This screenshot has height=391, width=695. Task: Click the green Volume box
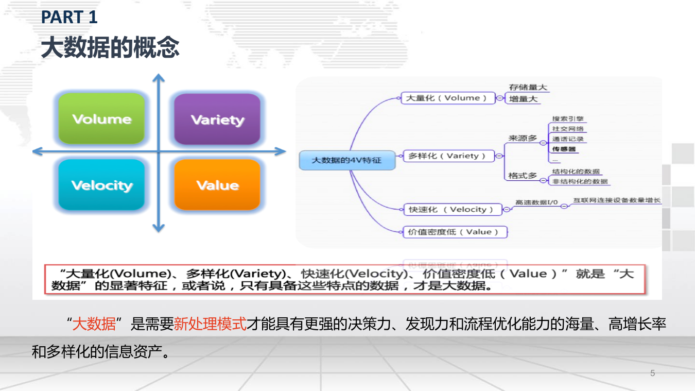101,118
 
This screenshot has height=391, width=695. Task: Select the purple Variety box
217,119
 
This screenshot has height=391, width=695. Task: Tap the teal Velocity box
101,184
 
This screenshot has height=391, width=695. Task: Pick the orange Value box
217,184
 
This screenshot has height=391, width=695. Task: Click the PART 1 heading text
69,18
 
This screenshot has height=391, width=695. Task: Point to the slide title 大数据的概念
110,47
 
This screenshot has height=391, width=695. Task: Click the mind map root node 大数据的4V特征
347,160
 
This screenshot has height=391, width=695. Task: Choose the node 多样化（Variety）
447,156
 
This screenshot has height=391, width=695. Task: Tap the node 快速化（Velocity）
451,209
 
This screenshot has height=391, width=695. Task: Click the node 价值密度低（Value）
454,232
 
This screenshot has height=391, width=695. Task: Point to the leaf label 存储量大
528,88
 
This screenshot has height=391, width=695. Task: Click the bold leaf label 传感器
564,149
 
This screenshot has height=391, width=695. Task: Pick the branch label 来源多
523,138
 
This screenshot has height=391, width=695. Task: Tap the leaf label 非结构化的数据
580,181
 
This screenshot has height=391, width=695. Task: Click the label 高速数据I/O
536,202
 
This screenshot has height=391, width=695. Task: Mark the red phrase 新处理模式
210,325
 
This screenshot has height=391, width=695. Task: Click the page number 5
653,373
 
